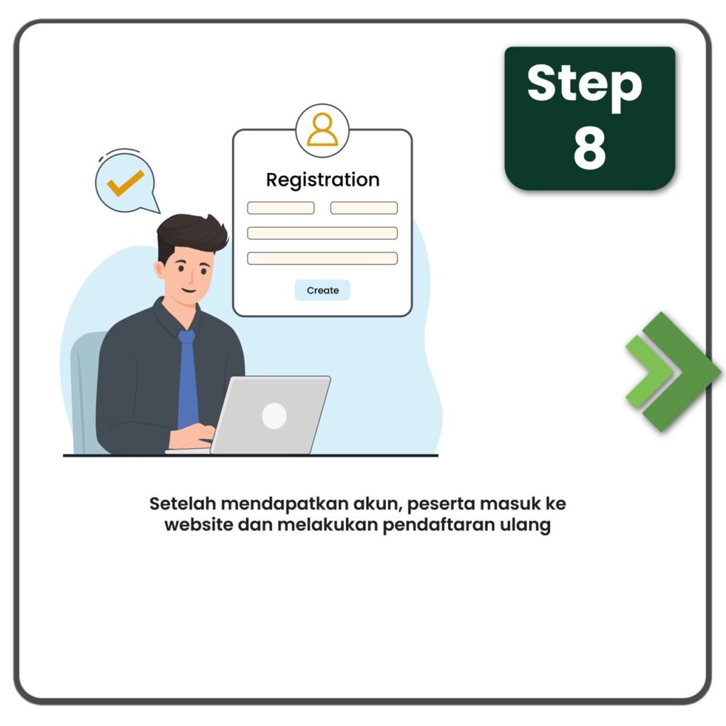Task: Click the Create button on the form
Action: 323,290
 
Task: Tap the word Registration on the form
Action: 323,179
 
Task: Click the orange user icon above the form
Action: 323,130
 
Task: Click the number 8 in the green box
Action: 589,148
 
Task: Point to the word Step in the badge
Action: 584,85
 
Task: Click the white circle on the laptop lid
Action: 274,415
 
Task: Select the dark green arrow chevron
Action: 681,372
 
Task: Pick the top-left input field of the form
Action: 281,208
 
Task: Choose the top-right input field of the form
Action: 364,208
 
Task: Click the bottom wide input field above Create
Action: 323,258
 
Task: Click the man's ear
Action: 160,270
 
